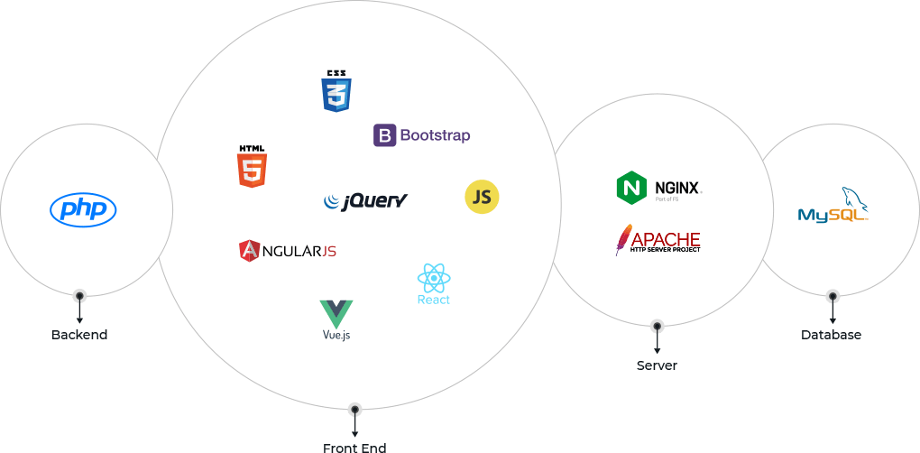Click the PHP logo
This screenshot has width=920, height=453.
click(83, 210)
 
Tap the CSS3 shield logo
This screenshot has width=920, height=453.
click(336, 91)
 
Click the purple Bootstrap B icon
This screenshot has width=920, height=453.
click(384, 135)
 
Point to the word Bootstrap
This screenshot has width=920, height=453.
click(435, 135)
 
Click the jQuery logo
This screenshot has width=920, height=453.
click(365, 200)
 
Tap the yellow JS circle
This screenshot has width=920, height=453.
click(482, 198)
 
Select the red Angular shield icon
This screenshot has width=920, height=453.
click(250, 250)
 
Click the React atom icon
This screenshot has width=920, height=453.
click(434, 278)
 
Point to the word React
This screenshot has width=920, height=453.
click(434, 300)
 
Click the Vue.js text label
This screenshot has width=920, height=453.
click(336, 336)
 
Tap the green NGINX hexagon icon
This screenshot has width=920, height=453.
click(631, 188)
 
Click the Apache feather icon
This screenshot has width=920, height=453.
click(622, 239)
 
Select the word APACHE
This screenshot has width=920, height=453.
click(666, 239)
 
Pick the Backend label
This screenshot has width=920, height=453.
click(79, 335)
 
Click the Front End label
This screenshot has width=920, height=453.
click(354, 447)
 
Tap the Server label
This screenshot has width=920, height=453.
click(657, 365)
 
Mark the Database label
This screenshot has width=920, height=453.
click(832, 335)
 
